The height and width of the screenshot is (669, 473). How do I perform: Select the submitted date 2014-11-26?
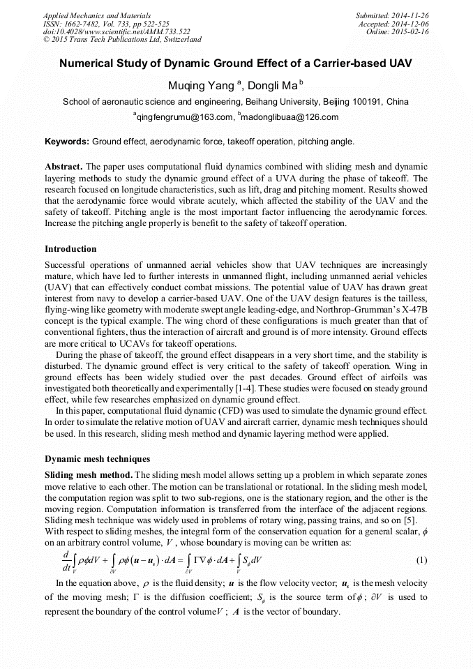[x=412, y=15]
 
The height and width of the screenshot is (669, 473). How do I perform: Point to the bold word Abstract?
[x=63, y=167]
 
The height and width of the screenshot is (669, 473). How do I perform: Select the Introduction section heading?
[x=70, y=249]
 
